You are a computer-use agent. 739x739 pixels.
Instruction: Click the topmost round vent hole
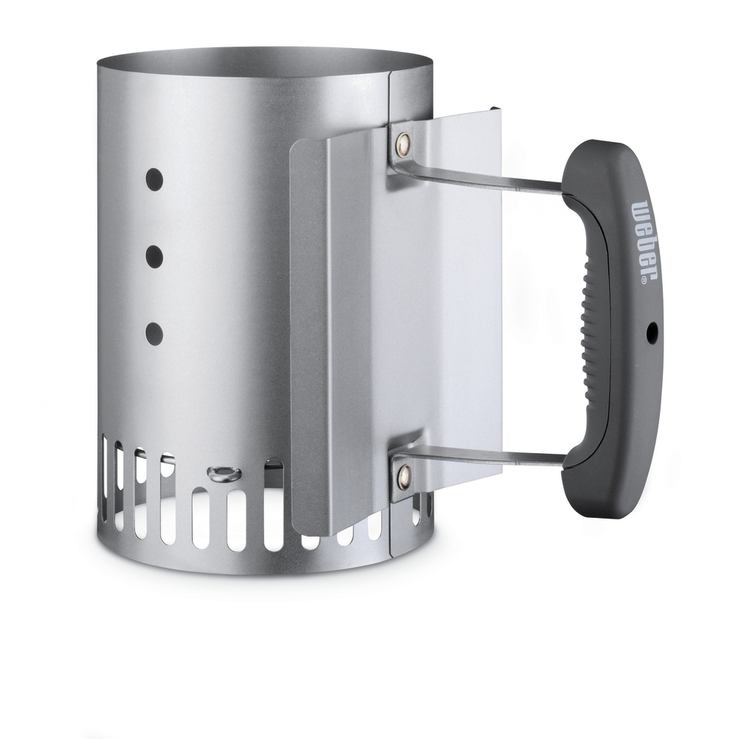point(154,179)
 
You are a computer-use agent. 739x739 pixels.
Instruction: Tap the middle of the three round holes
point(154,256)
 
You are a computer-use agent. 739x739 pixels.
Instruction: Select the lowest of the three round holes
point(154,334)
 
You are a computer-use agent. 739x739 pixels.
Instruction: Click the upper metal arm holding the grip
point(488,177)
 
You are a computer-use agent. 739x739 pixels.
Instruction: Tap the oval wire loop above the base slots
point(221,474)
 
